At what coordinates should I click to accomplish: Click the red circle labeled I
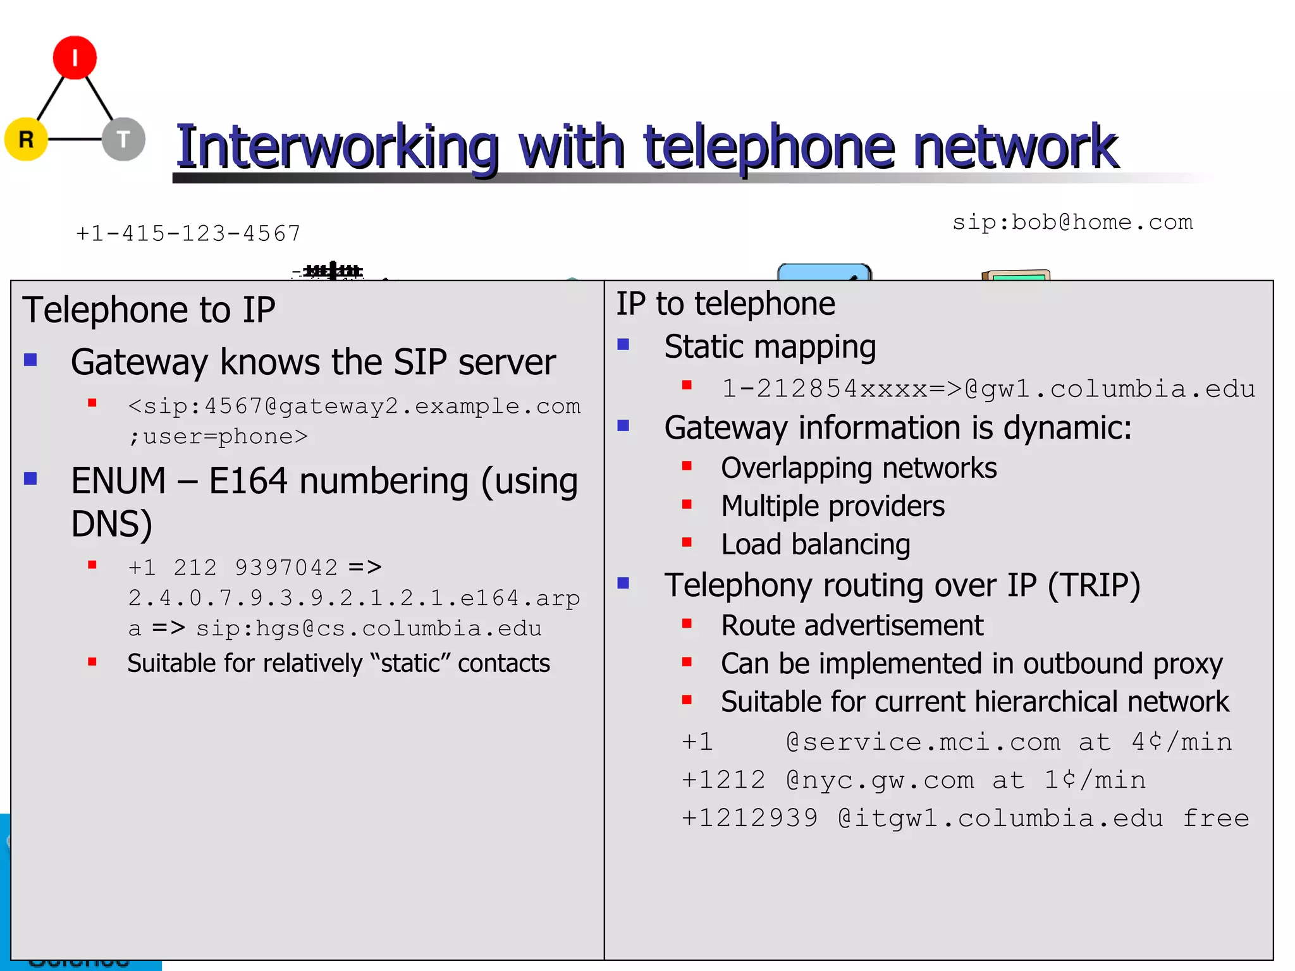(75, 58)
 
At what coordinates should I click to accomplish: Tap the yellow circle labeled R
(26, 139)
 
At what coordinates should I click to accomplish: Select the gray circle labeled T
(124, 139)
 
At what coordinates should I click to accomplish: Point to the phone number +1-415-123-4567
(188, 234)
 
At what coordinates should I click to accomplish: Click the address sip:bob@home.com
(1072, 223)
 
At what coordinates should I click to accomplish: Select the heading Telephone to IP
(149, 310)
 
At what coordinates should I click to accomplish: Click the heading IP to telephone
(725, 304)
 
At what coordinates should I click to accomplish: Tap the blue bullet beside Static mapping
(623, 345)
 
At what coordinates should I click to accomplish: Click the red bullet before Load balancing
(687, 542)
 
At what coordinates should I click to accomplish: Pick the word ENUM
(118, 481)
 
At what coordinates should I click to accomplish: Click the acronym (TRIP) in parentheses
(1094, 585)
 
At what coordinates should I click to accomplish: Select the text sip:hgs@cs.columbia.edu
(369, 629)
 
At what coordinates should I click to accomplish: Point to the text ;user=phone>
(218, 437)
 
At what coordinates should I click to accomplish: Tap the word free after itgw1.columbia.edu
(1216, 819)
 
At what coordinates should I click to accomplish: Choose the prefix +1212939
(749, 819)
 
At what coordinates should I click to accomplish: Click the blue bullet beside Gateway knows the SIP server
(30, 360)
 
